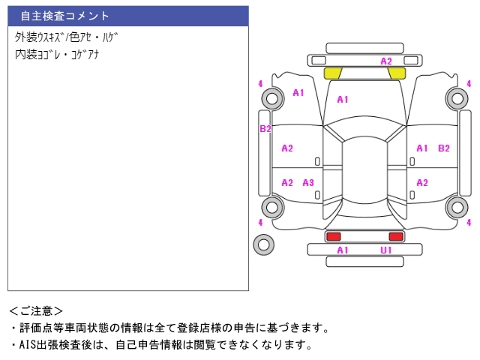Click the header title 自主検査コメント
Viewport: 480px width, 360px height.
coord(65,16)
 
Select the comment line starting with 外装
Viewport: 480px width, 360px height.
coord(66,37)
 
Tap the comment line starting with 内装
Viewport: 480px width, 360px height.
coord(57,55)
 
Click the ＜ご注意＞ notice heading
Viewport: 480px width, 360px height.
coord(36,311)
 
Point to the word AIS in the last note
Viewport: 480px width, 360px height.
coord(28,345)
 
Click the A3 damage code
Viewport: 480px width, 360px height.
coord(308,183)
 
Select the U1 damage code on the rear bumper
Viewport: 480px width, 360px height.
coord(386,250)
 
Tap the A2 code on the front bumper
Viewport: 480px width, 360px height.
coord(386,61)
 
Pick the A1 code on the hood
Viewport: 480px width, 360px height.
coord(343,100)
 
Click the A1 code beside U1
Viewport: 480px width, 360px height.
coord(343,250)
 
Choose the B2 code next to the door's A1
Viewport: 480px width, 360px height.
coord(444,148)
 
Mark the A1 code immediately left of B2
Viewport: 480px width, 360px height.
coord(422,148)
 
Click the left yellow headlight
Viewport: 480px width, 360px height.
coord(333,73)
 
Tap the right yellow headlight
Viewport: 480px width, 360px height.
coord(397,73)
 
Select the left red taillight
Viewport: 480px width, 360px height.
coord(333,236)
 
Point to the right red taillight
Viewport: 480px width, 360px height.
coord(396,236)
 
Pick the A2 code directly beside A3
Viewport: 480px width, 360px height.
coord(287,183)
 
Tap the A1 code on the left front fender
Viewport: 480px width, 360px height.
coord(298,93)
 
